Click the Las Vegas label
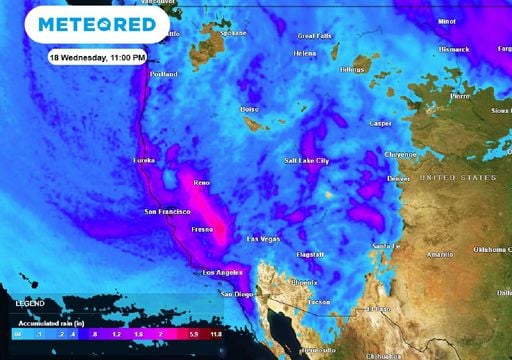pyautogui.click(x=265, y=239)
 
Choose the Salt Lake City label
pyautogui.click(x=307, y=160)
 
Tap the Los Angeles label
pyautogui.click(x=223, y=272)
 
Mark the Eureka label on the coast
pyautogui.click(x=147, y=160)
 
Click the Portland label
pyautogui.click(x=163, y=74)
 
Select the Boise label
pyautogui.click(x=250, y=109)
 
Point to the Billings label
pyautogui.click(x=354, y=70)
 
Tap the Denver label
pyautogui.click(x=398, y=179)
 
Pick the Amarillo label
pyautogui.click(x=440, y=255)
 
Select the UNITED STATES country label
pyautogui.click(x=458, y=177)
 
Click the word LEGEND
pyautogui.click(x=30, y=300)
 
